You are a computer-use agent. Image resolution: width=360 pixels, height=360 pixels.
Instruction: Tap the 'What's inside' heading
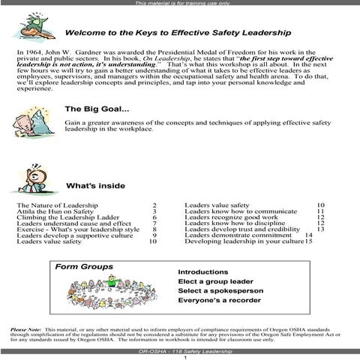[x=96, y=185]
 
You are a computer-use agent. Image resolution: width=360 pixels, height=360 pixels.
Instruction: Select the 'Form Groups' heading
[x=84, y=266]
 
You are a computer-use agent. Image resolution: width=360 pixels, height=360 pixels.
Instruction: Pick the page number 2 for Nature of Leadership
[x=154, y=205]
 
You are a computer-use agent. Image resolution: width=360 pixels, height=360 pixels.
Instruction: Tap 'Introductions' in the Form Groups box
[x=202, y=271]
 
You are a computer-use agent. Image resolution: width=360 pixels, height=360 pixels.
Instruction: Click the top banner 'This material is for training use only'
[x=179, y=4]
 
